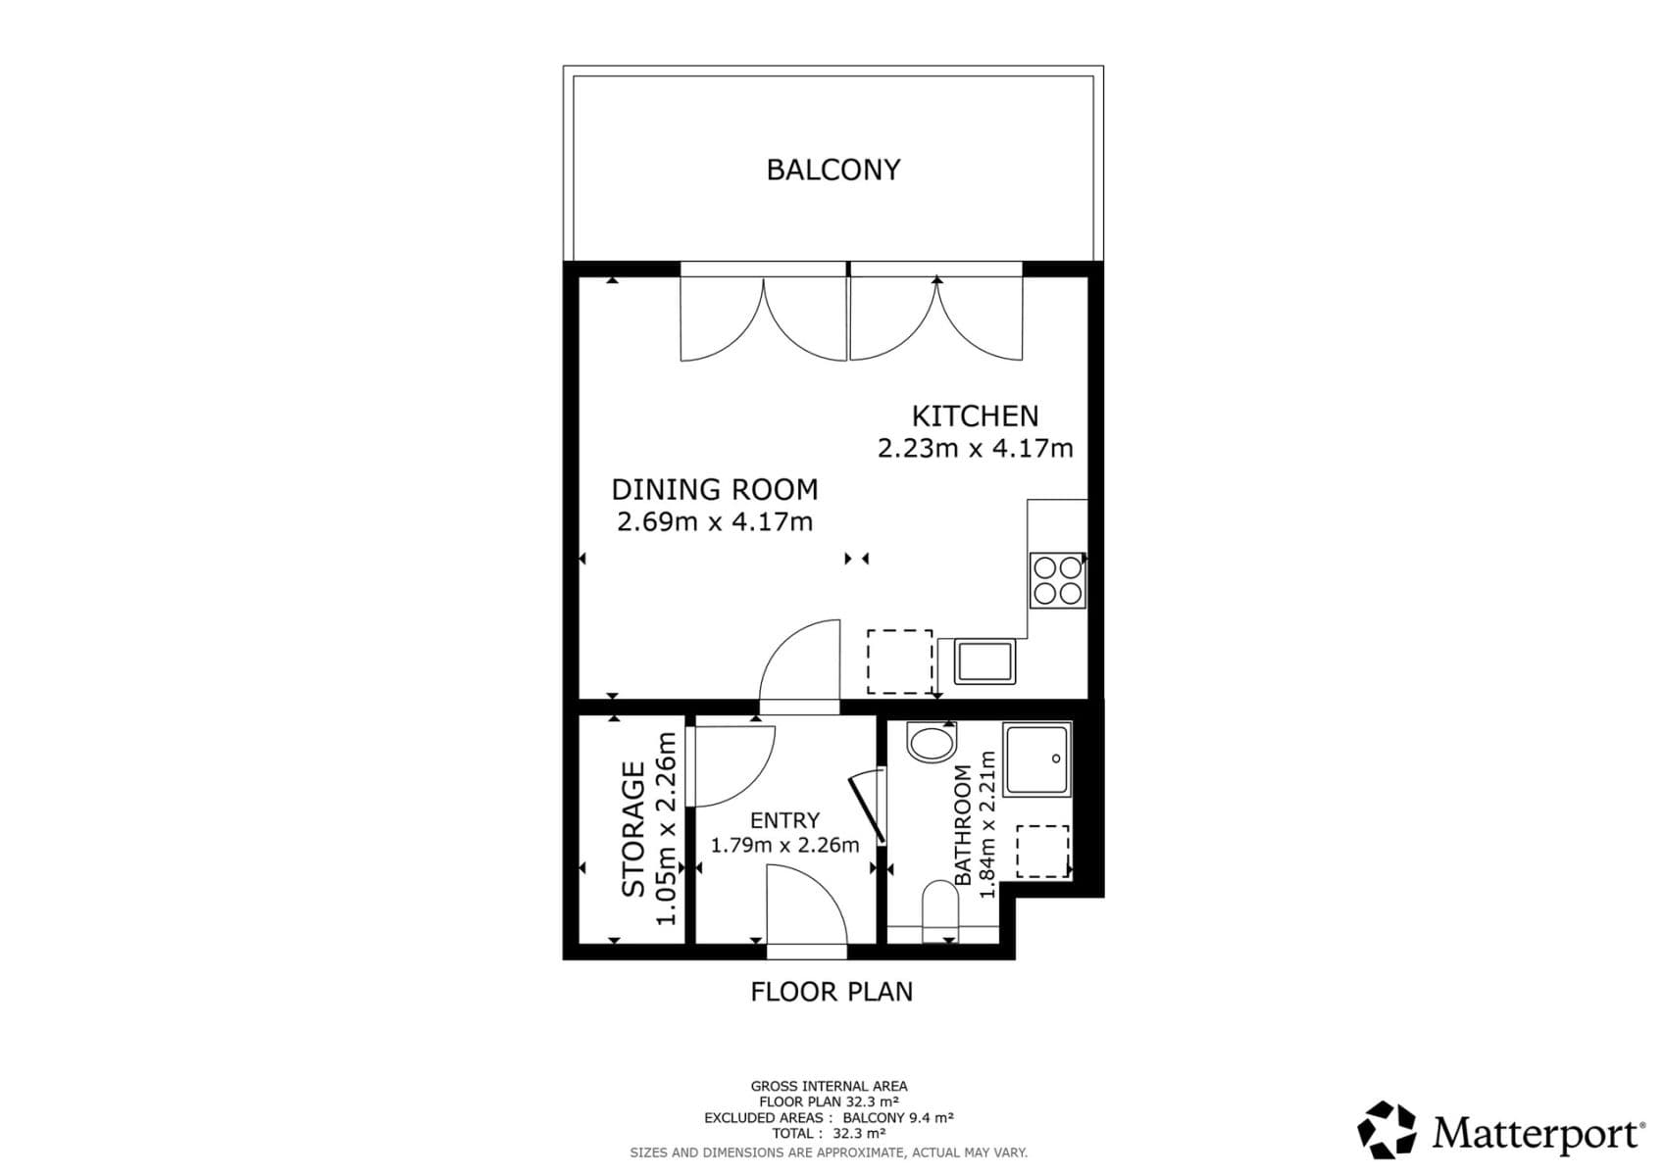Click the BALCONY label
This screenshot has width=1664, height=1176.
tap(832, 170)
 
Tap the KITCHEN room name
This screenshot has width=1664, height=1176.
tap(975, 416)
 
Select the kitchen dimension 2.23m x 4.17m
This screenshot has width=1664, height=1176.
tap(975, 449)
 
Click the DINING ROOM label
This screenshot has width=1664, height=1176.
tap(714, 489)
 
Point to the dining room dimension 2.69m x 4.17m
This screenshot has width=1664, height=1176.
tap(714, 521)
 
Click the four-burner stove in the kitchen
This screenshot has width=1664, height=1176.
tap(1057, 580)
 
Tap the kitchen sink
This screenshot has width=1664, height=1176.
tap(985, 661)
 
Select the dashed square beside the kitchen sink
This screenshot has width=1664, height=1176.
tap(899, 661)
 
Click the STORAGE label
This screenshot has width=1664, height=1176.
tap(634, 829)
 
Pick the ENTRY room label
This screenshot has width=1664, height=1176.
tap(784, 820)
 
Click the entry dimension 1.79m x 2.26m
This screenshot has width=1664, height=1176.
tap(784, 845)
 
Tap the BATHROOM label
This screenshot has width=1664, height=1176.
tap(963, 825)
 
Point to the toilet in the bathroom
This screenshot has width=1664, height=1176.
tap(940, 906)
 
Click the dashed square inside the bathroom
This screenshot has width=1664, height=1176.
tap(1041, 851)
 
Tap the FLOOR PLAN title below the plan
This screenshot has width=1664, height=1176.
tap(832, 992)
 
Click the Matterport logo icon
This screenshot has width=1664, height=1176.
tap(1387, 1130)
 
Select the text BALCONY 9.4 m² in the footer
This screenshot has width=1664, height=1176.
tap(897, 1117)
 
